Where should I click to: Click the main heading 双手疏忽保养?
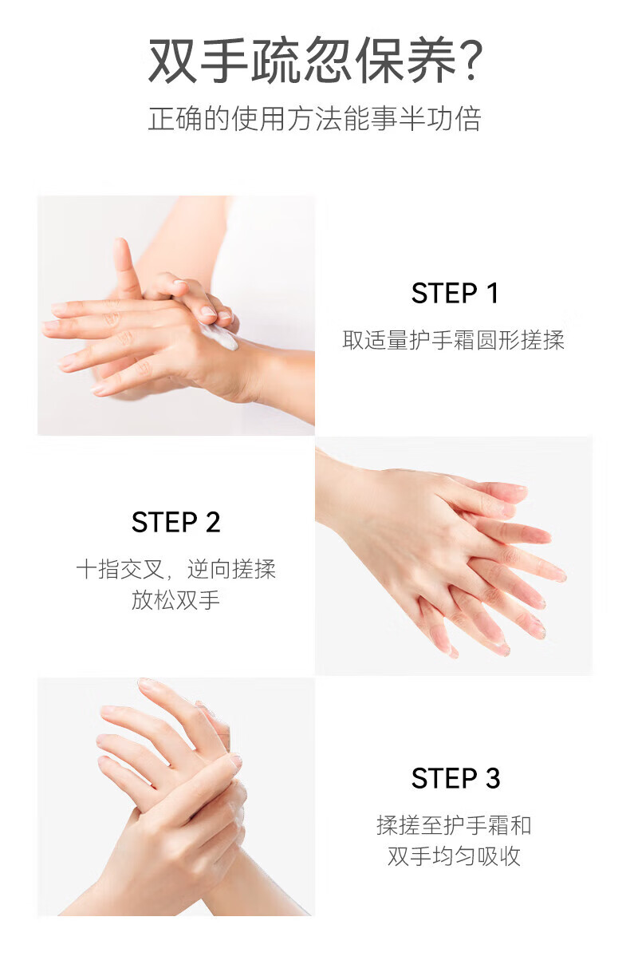click(x=315, y=60)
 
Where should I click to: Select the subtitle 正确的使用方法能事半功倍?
click(x=315, y=118)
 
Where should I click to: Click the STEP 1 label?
click(x=455, y=293)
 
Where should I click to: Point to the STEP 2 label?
click(x=175, y=522)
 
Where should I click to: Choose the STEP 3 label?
click(x=455, y=778)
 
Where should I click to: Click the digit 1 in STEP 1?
click(x=493, y=293)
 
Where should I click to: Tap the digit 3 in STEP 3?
click(x=493, y=778)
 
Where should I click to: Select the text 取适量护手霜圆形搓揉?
click(x=454, y=340)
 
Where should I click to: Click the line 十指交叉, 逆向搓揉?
click(x=175, y=569)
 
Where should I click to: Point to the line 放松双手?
click(x=175, y=599)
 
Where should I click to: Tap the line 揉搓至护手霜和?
click(x=454, y=825)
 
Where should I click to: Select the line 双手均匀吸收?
click(x=454, y=856)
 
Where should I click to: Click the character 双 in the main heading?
click(x=171, y=61)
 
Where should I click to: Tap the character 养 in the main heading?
click(x=431, y=61)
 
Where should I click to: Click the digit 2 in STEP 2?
click(x=213, y=522)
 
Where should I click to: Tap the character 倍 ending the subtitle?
click(x=468, y=118)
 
